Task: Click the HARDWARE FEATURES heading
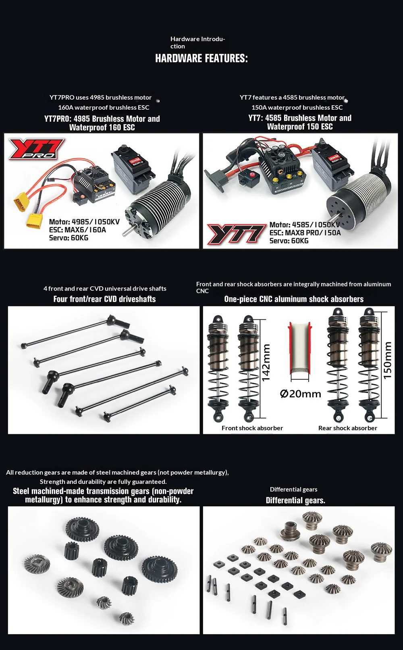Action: tap(201, 58)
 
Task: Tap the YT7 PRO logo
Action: tap(37, 148)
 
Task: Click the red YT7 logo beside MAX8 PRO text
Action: tap(237, 234)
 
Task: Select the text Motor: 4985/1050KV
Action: tap(84, 222)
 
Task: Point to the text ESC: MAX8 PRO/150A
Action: tap(305, 233)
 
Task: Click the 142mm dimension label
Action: tap(266, 362)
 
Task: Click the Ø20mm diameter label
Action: tap(301, 394)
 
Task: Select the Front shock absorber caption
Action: tap(252, 428)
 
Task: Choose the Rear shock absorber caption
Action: tap(348, 428)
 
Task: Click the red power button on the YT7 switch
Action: tap(251, 175)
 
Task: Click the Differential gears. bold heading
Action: tap(295, 500)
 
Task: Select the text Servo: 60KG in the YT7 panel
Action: tap(289, 241)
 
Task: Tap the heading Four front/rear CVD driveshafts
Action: tap(104, 299)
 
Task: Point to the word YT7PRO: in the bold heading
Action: tap(58, 119)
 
